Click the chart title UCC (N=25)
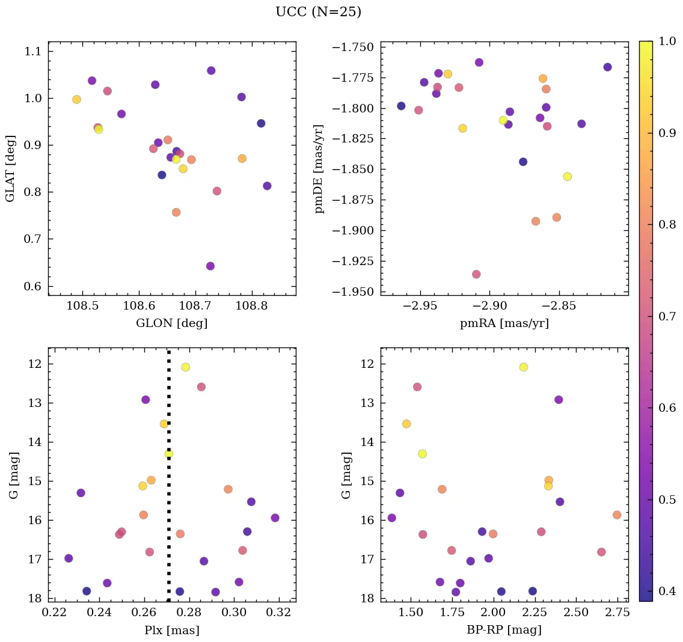pyautogui.click(x=318, y=12)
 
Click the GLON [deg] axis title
pyautogui.click(x=171, y=323)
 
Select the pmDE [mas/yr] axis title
pyautogui.click(x=319, y=169)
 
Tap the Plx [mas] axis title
pyautogui.click(x=171, y=631)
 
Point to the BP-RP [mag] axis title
pyautogui.click(x=504, y=631)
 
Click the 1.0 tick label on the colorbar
pyautogui.click(x=666, y=41)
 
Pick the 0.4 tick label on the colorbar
pyautogui.click(x=666, y=592)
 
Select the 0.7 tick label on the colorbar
pyautogui.click(x=666, y=317)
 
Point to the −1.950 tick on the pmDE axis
pyautogui.click(x=356, y=292)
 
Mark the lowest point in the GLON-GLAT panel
pyautogui.click(x=210, y=266)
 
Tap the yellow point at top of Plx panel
pyautogui.click(x=185, y=367)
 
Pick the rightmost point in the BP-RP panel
pyautogui.click(x=617, y=515)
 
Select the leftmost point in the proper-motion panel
pyautogui.click(x=401, y=106)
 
